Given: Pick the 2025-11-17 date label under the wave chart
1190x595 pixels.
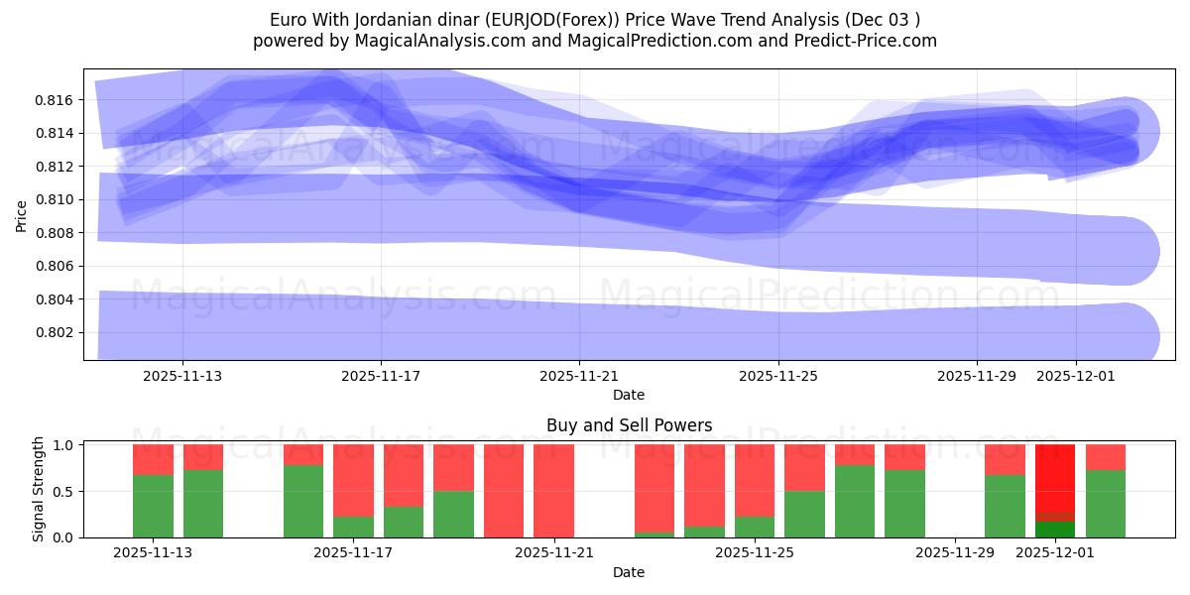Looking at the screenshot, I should coord(381,376).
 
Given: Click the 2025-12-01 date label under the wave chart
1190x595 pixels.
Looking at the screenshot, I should coord(1076,376).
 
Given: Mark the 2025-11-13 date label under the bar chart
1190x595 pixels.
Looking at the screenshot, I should coord(153,553).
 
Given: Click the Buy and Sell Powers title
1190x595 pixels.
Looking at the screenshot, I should coord(629,425).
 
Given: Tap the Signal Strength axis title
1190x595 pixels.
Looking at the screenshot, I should coord(39,489).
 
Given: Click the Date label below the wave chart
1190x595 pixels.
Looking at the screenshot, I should coord(629,395).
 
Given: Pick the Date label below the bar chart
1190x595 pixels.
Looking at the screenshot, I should coord(629,572).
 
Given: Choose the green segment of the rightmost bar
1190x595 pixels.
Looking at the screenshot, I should coord(1106,504).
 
